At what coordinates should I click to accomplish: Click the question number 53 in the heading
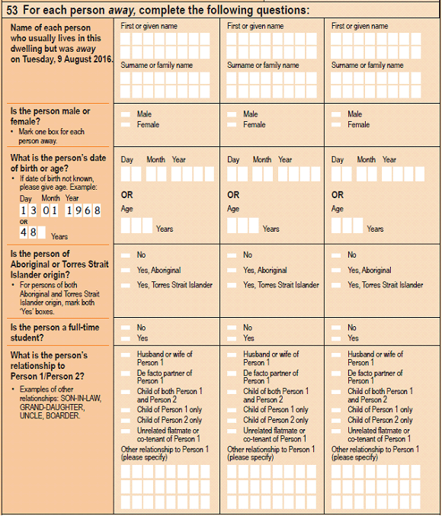tap(14, 10)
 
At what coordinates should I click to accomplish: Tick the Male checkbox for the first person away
tap(125, 114)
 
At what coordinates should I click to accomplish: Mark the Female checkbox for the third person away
tap(336, 124)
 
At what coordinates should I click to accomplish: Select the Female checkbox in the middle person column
tap(232, 124)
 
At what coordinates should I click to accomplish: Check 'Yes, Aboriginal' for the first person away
tap(125, 270)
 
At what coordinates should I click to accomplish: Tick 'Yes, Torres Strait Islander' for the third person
tap(336, 285)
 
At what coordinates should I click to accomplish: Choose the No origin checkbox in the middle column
tap(232, 255)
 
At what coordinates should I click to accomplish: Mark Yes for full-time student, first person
tap(125, 338)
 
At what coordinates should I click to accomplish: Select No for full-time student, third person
tap(336, 328)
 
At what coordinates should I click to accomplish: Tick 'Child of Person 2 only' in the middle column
tap(232, 420)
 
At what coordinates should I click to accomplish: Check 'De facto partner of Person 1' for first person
tap(125, 373)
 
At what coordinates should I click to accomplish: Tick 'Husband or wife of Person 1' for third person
tap(336, 354)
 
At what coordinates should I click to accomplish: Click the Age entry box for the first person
tap(136, 225)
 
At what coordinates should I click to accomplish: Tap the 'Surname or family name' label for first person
tap(157, 66)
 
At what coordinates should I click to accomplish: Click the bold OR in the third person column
tap(338, 194)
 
